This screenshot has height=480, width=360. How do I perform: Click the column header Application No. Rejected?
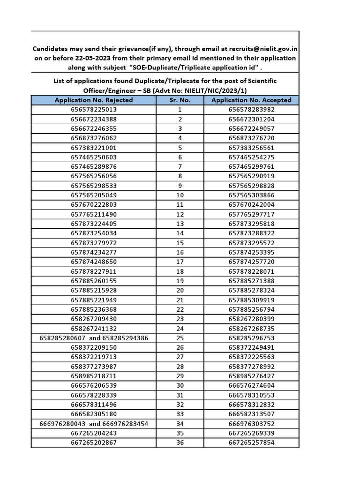tap(94, 100)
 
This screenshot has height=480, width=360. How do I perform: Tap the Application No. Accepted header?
tap(251, 100)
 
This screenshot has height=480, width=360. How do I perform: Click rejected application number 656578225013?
tap(94, 110)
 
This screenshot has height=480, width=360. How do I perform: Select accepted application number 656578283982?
tap(251, 110)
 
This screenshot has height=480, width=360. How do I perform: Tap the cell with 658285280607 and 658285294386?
tap(94, 338)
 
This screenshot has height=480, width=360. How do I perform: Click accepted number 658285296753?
tap(251, 338)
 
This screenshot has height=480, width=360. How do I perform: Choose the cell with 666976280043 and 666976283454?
tap(94, 424)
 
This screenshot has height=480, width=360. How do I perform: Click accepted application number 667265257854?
tap(251, 442)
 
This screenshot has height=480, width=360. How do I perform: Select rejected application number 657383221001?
tap(94, 148)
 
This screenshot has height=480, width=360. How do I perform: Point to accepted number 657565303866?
tap(251, 195)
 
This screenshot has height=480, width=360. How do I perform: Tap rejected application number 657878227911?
tap(94, 271)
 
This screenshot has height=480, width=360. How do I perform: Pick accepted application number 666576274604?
tap(251, 385)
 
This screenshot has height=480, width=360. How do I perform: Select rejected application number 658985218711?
tap(94, 376)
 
